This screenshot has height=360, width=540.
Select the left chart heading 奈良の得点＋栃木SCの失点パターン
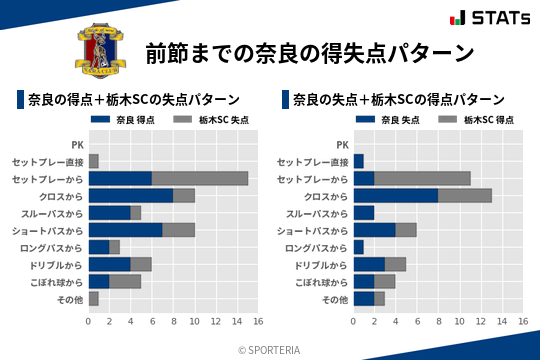pyautogui.click(x=133, y=100)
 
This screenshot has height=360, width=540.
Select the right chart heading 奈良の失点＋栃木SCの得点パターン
pyautogui.click(x=398, y=100)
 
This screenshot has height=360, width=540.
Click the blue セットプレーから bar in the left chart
pyautogui.click(x=120, y=178)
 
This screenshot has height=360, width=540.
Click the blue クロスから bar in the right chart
pyautogui.click(x=395, y=195)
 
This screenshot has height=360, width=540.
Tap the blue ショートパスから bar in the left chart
pyautogui.click(x=125, y=230)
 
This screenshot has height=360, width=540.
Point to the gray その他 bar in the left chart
pyautogui.click(x=93, y=298)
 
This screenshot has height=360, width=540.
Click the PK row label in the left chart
pyautogui.click(x=77, y=144)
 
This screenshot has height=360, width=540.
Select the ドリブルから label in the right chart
pyautogui.click(x=321, y=264)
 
